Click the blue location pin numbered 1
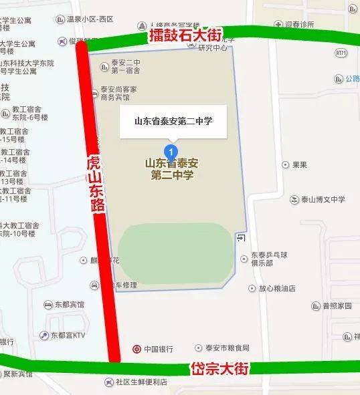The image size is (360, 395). click(x=171, y=150)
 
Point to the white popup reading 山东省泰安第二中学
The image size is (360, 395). click(x=173, y=122)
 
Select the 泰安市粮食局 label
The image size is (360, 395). click(x=226, y=348)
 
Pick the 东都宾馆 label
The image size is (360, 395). click(x=70, y=304)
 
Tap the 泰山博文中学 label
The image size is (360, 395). click(x=323, y=199)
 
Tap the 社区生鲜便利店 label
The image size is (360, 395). click(x=140, y=382)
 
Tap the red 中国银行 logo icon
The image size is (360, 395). click(x=137, y=349)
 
